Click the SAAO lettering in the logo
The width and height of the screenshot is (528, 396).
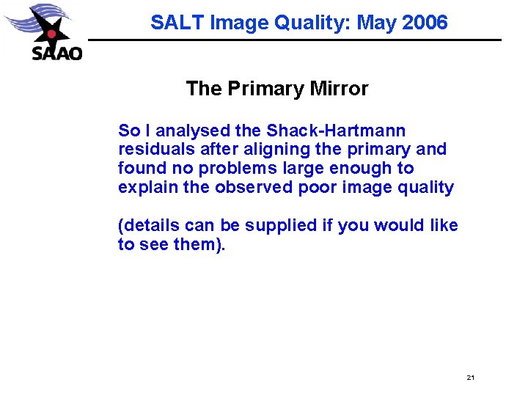(x=56, y=52)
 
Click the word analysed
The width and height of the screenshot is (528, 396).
(x=193, y=131)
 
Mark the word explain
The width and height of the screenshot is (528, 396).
(x=146, y=188)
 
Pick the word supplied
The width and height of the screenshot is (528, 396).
(x=281, y=226)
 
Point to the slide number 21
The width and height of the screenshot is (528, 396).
(x=470, y=378)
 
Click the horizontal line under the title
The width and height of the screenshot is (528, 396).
(x=293, y=40)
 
